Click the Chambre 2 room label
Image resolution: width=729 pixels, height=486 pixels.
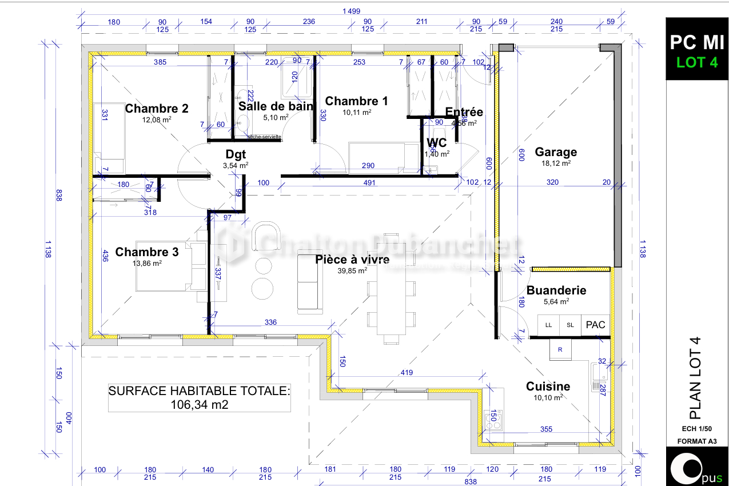tap(157, 109)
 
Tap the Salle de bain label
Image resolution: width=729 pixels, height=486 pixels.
tap(276, 106)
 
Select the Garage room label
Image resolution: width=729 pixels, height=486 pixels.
tap(556, 152)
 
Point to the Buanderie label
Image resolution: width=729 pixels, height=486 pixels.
tap(556, 290)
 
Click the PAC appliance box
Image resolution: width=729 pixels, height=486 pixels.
tap(595, 325)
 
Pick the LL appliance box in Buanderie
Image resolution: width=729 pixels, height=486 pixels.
tap(549, 325)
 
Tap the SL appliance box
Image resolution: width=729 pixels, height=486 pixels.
tap(570, 325)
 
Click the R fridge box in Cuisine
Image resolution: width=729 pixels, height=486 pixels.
tap(560, 349)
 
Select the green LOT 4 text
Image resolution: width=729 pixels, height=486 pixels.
tap(696, 62)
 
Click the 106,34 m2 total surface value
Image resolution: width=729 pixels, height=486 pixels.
tap(199, 405)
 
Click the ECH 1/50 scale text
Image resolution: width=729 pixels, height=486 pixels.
tap(696, 429)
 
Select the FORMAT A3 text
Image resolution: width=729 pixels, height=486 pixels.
tap(696, 441)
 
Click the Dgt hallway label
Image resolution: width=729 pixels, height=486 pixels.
tap(236, 154)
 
